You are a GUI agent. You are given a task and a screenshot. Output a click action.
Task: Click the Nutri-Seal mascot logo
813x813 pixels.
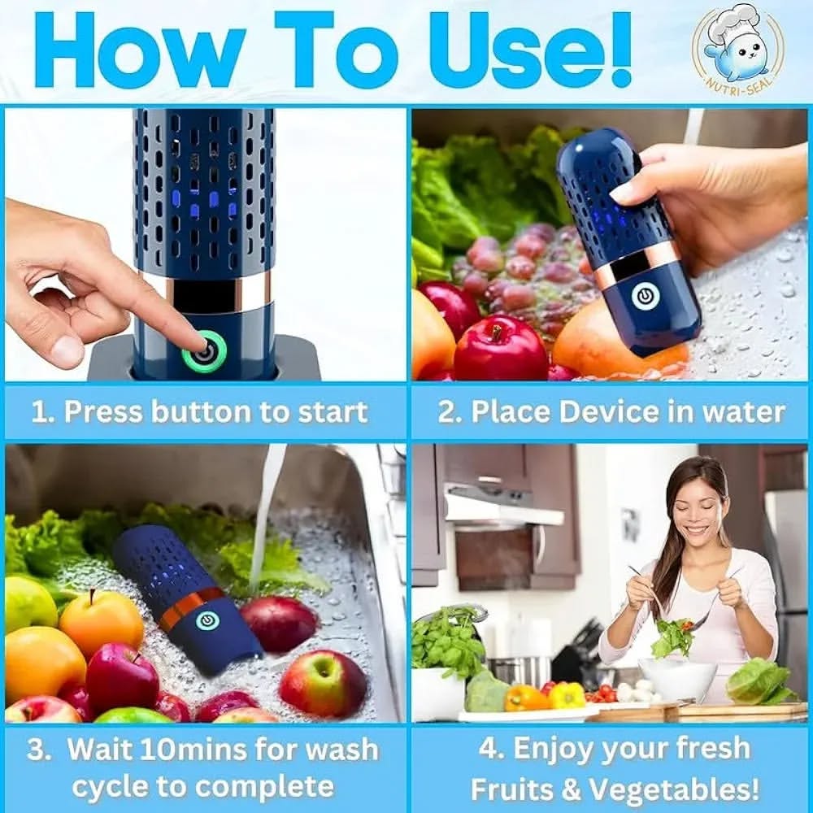(738, 50)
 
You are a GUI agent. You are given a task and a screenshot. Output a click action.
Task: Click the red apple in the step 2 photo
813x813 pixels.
(500, 346)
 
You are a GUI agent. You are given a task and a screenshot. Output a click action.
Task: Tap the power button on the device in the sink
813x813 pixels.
(207, 620)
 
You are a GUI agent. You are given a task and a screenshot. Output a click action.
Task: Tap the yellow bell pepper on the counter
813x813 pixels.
(567, 695)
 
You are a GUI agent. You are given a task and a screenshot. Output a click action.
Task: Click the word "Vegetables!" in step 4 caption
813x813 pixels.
(675, 789)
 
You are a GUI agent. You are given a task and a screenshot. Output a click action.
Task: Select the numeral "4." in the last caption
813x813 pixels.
(490, 749)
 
